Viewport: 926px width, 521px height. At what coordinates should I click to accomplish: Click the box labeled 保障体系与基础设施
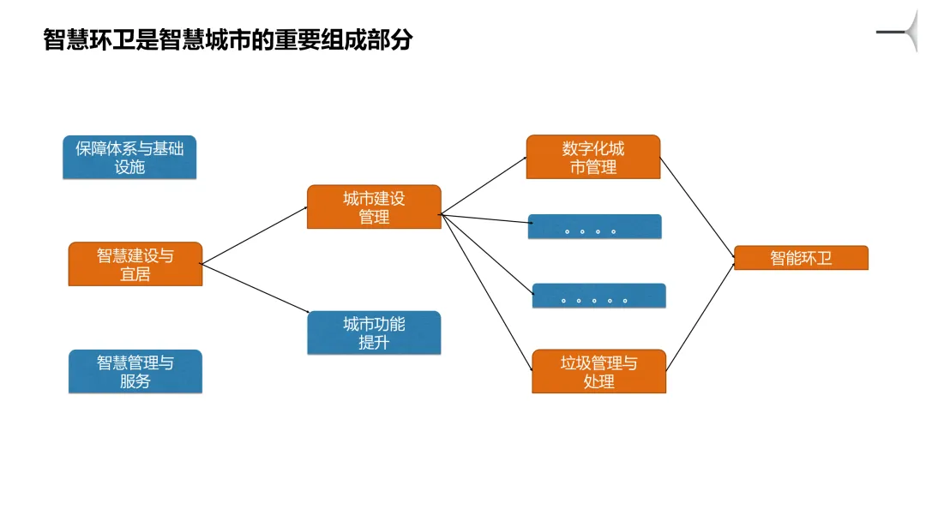129,158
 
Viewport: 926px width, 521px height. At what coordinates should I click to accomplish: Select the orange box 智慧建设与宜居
135,264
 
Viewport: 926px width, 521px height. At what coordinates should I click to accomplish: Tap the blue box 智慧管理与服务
135,372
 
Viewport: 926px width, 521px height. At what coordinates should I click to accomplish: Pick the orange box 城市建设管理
374,207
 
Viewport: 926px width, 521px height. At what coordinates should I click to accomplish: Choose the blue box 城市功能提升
374,332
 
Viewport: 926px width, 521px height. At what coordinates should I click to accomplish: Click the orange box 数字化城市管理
593,157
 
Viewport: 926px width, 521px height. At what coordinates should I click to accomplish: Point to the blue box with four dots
594,227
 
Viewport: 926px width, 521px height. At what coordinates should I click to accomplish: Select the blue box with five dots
598,296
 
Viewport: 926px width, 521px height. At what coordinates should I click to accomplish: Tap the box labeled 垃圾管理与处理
598,371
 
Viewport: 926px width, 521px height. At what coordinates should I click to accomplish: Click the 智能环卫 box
801,258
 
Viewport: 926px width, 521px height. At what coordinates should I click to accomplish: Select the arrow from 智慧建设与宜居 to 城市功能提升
255,289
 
